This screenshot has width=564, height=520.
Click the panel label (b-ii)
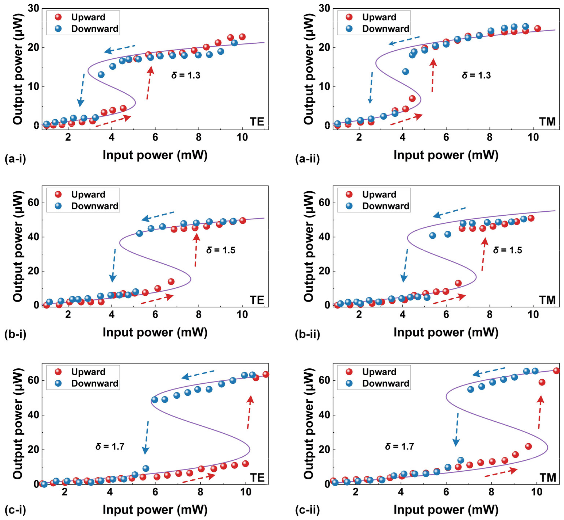pos(307,334)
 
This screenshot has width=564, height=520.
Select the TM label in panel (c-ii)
pos(547,477)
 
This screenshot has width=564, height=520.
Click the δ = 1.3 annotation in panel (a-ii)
pos(476,75)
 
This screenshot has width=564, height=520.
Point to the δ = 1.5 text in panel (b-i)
pos(221,250)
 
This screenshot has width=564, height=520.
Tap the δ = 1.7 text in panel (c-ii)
pos(399,446)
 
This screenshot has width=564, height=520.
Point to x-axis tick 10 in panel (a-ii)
pos(533,137)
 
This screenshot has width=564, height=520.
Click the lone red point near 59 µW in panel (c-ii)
pos(542,382)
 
